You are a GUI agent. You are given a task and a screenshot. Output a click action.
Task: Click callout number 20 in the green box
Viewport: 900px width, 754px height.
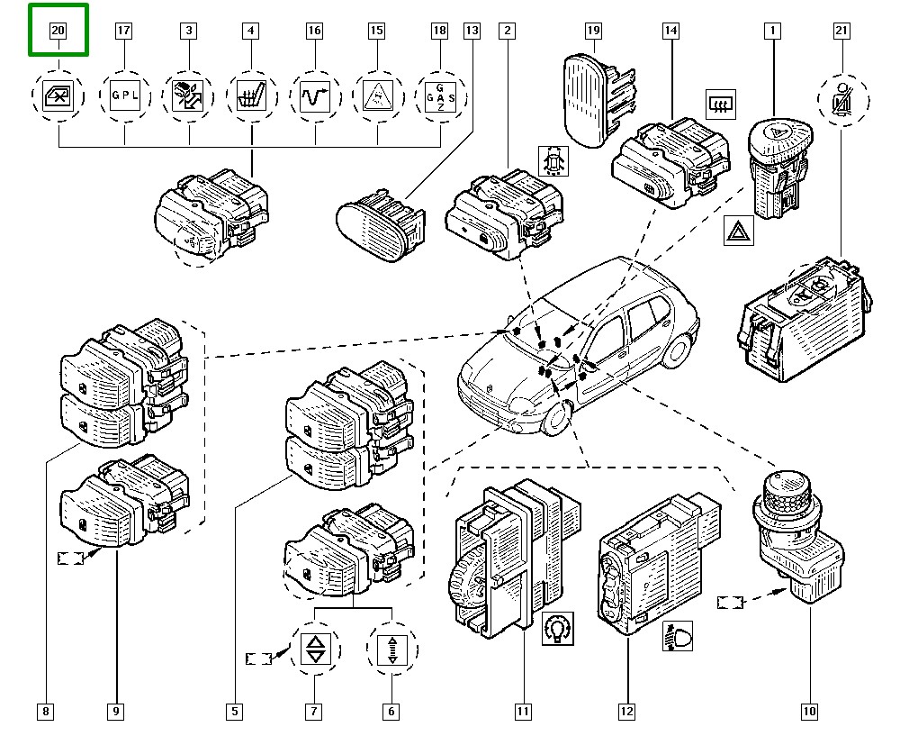tap(58, 31)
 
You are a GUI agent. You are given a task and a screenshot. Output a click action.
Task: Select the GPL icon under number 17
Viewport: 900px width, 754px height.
tap(123, 94)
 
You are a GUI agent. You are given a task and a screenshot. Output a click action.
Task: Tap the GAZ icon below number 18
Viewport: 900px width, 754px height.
tap(439, 95)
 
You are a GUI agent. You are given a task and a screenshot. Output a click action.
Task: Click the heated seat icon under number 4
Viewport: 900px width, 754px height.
tap(250, 94)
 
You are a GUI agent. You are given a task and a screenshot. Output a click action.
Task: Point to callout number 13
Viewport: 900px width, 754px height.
tap(472, 31)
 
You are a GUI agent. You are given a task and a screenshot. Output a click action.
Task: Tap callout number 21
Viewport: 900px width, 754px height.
tap(841, 31)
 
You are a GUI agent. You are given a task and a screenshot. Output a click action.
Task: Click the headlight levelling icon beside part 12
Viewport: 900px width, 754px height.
tap(681, 637)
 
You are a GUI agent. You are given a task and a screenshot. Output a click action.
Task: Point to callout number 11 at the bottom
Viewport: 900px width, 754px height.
tap(523, 712)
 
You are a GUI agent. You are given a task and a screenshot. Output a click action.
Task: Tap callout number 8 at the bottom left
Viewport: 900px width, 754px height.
tap(46, 712)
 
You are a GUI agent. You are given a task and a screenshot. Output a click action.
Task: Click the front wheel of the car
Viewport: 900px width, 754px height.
tap(556, 420)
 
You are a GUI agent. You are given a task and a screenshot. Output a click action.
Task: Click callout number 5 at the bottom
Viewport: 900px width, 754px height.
tap(234, 712)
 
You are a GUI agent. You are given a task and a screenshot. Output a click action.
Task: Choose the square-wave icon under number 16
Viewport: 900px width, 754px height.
tap(314, 94)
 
